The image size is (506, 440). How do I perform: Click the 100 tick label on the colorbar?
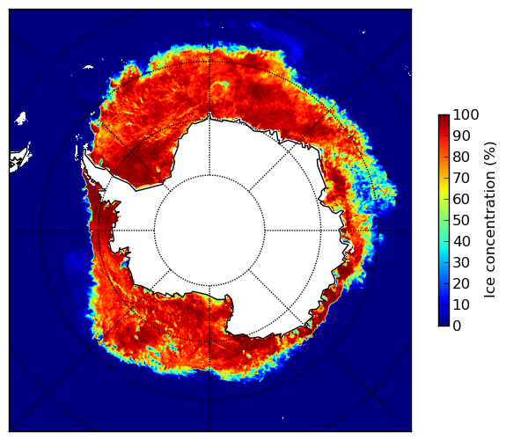tap(466, 114)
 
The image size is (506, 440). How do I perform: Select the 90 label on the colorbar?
tap(461, 136)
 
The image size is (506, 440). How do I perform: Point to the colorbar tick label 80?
tap(461, 157)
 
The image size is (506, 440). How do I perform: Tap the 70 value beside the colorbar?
tap(461, 178)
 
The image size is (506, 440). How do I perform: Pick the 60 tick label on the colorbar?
tap(461, 199)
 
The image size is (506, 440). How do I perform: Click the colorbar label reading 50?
tap(461, 221)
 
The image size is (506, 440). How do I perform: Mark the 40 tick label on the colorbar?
tap(461, 241)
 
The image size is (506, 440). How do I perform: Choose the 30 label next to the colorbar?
tap(461, 263)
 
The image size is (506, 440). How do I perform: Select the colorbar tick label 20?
tap(461, 283)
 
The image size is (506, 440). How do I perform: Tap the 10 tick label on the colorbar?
tap(461, 304)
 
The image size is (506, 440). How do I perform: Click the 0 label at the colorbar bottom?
tap(457, 326)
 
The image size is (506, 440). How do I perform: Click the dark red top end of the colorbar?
tap(444, 117)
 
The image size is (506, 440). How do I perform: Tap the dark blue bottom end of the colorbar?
tap(444, 324)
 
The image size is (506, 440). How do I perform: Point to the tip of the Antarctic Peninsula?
tap(84, 150)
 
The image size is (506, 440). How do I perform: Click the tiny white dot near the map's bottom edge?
tap(283, 418)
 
